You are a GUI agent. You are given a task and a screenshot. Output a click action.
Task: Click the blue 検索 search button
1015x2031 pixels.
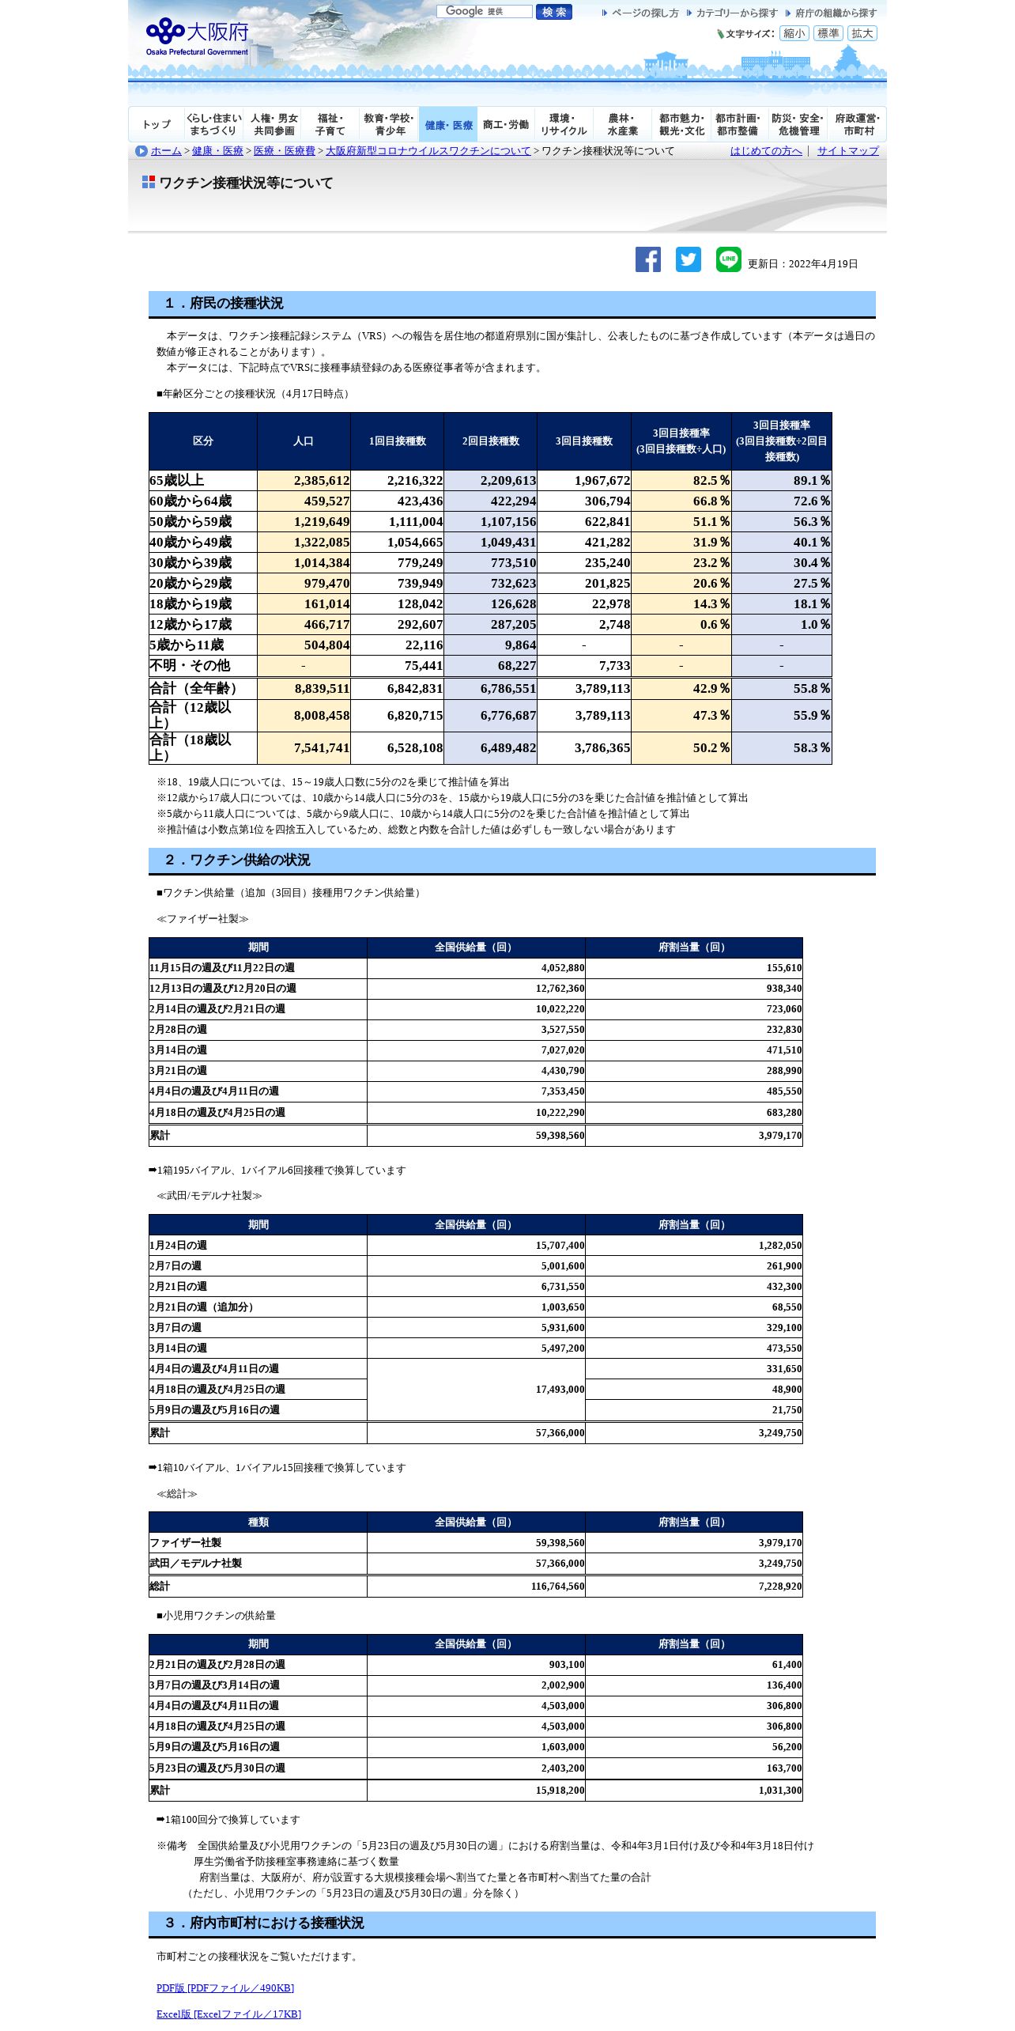click(x=553, y=12)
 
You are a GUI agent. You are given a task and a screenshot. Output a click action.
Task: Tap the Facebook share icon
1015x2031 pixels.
click(x=648, y=259)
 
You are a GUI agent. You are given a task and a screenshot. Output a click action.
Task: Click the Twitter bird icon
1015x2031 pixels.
click(x=689, y=259)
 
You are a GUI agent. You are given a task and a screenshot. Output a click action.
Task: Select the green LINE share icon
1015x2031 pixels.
click(x=728, y=259)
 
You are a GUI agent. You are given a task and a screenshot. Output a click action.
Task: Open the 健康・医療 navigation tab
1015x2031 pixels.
click(x=448, y=125)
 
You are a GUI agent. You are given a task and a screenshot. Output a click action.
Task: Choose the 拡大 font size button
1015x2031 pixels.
click(x=862, y=33)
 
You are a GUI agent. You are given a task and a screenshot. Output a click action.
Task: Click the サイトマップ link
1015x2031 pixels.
click(x=847, y=151)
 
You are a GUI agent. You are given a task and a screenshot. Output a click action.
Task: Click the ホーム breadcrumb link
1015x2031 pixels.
click(x=166, y=151)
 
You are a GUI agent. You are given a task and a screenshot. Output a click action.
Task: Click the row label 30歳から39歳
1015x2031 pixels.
click(x=191, y=562)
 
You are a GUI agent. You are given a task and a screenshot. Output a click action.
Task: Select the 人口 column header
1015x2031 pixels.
click(x=304, y=441)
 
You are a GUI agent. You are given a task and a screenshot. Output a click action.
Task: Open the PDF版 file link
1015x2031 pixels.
click(x=225, y=1988)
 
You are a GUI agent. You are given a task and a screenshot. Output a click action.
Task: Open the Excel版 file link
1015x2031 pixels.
click(x=228, y=2014)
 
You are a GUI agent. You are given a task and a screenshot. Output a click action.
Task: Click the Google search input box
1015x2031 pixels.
click(x=484, y=12)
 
